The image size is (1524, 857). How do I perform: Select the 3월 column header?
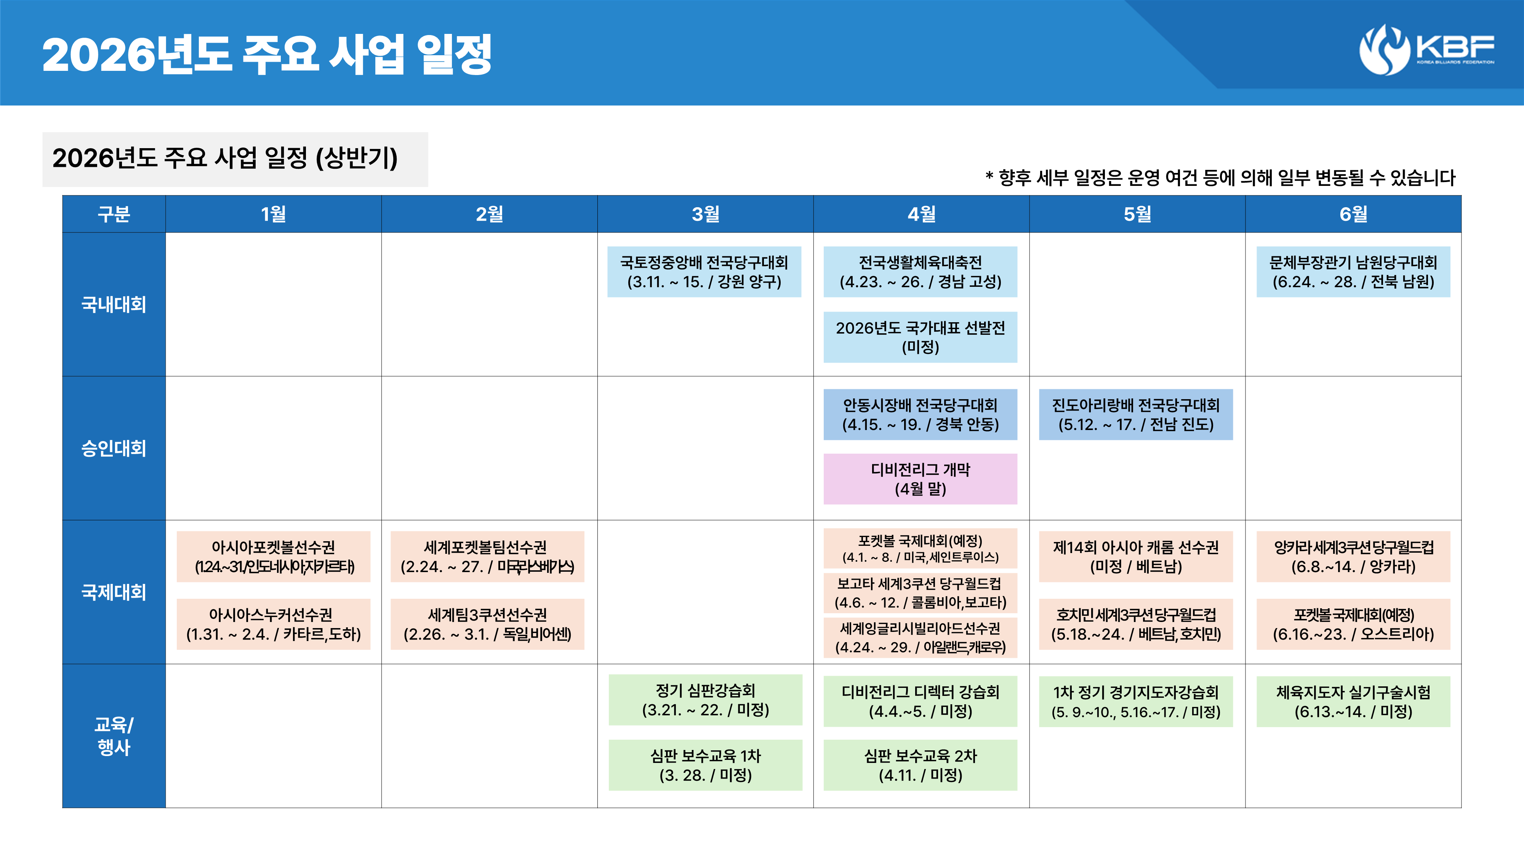(x=705, y=214)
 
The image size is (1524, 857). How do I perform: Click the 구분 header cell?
(x=114, y=214)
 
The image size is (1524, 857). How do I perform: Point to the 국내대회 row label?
(x=114, y=305)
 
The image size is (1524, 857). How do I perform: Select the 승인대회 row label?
(x=114, y=448)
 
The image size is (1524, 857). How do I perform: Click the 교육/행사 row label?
(x=114, y=736)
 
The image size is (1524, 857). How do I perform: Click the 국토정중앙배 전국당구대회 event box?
(x=704, y=272)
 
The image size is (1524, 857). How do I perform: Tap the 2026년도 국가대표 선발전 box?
(x=920, y=337)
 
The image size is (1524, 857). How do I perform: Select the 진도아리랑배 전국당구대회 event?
(x=1136, y=415)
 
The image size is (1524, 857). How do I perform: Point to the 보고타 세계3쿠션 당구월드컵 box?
(x=920, y=593)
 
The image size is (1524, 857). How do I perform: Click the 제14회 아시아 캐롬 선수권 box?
(x=1136, y=556)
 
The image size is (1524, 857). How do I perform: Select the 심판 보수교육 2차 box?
(x=920, y=765)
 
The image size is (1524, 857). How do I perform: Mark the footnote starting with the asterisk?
(x=1220, y=177)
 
